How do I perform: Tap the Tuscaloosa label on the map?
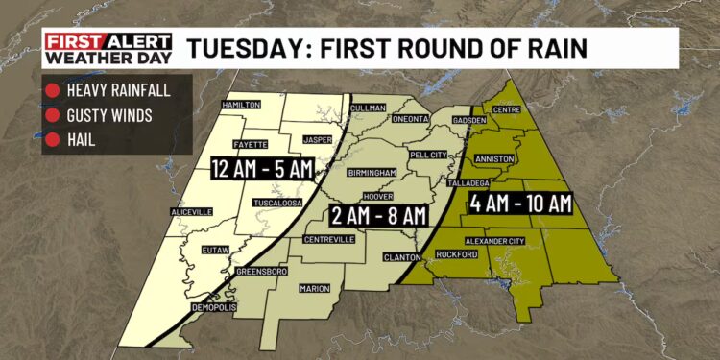point(278,204)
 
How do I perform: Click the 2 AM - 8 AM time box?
point(378,212)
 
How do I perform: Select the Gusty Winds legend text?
point(106,117)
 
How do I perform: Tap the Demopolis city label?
point(214,307)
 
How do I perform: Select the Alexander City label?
point(494,241)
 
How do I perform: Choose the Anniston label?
point(495,158)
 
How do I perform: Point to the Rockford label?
point(455,254)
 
